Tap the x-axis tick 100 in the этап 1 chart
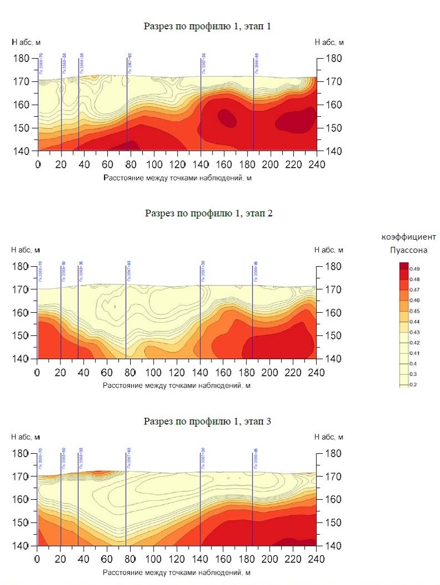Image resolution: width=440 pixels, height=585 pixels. pos(154,164)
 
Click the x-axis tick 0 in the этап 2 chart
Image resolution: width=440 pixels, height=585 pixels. pos(37,371)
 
